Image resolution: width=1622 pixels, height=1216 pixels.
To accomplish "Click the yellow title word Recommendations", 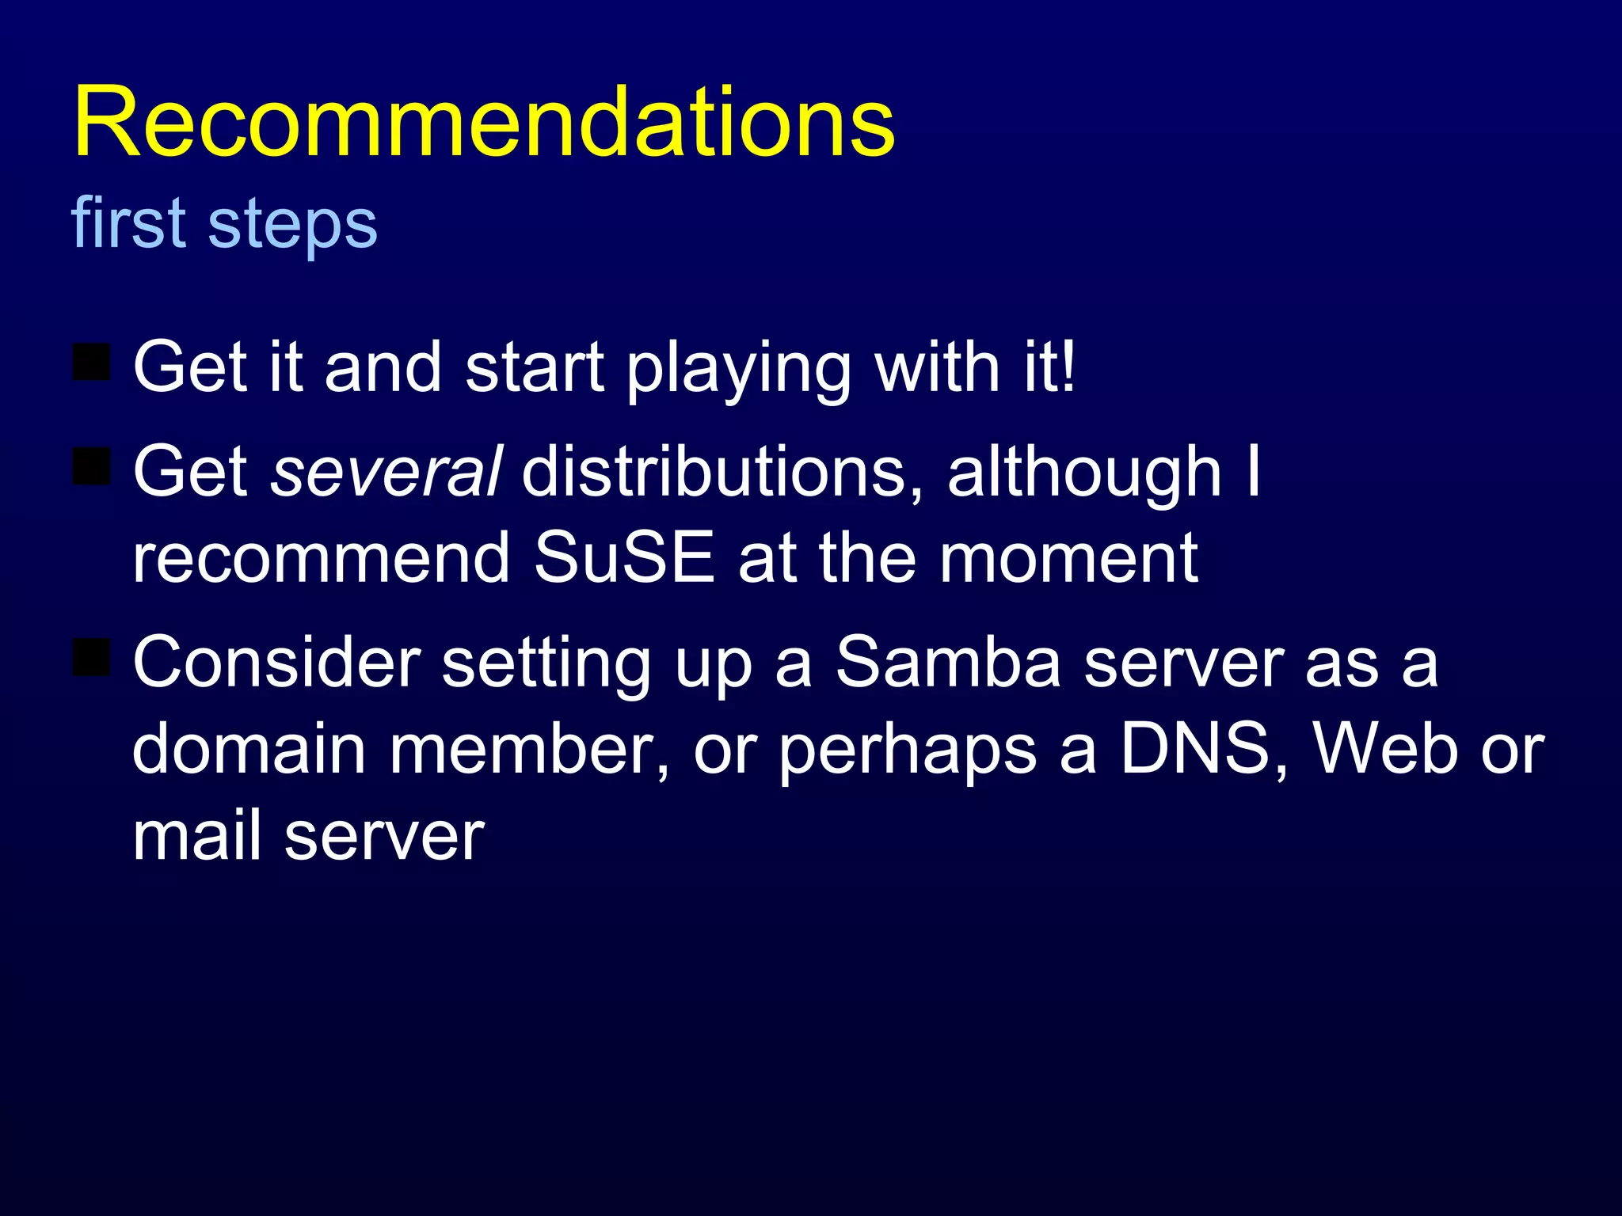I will point(483,123).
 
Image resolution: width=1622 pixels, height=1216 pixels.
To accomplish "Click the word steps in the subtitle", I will point(292,224).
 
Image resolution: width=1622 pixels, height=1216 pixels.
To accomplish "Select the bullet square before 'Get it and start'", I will point(91,362).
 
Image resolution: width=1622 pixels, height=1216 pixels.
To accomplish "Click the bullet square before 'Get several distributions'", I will point(91,465).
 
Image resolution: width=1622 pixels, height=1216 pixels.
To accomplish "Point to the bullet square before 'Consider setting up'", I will point(91,657).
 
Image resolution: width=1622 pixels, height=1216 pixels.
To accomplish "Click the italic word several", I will point(386,472).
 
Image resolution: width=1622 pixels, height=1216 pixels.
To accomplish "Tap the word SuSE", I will point(624,558).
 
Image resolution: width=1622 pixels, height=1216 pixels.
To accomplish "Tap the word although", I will point(1084,472).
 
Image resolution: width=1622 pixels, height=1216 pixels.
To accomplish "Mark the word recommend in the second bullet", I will point(321,558).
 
